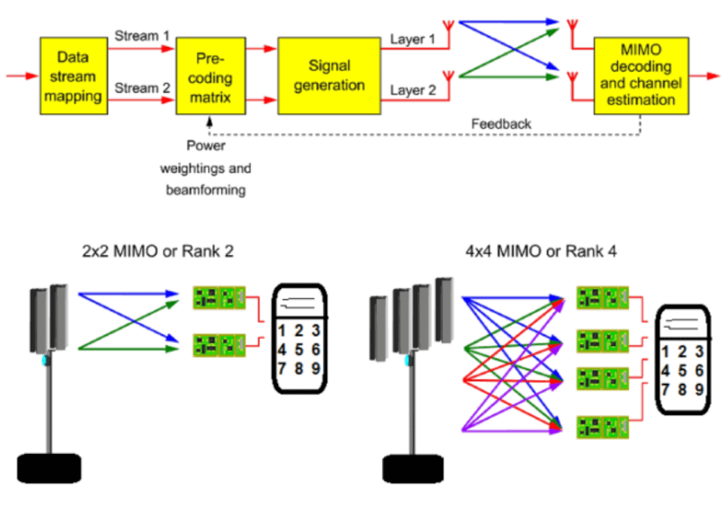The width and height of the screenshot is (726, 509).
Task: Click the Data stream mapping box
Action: click(73, 75)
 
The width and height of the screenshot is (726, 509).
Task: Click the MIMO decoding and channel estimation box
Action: click(641, 75)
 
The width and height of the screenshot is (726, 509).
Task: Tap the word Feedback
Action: click(501, 123)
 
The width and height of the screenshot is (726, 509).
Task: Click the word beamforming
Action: click(206, 191)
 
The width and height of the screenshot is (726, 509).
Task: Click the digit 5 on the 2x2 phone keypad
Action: click(300, 349)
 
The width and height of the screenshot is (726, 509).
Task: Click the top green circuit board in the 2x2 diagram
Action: click(220, 295)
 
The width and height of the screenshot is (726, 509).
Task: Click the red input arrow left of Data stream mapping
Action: click(20, 75)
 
